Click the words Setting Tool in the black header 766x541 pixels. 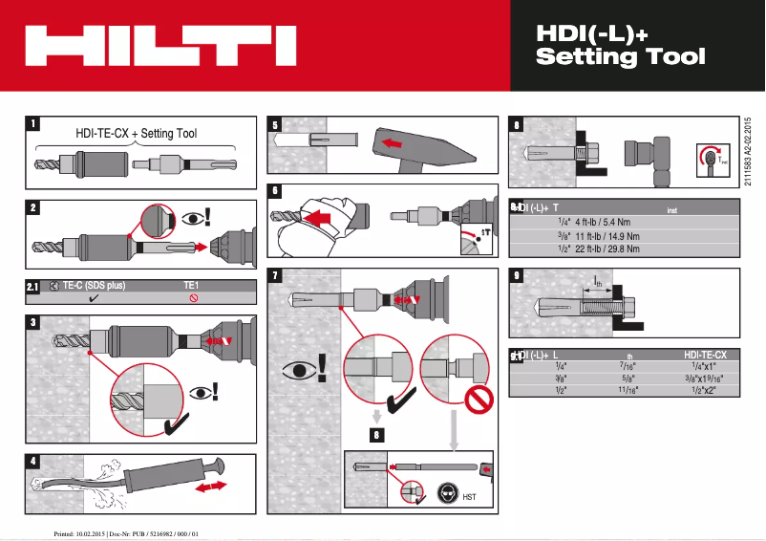[621, 56]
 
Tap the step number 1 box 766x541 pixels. [33, 123]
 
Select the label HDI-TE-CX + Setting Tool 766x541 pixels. [136, 134]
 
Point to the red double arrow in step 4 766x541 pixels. [211, 487]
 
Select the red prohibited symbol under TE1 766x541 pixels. [193, 298]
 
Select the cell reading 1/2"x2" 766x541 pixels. [704, 391]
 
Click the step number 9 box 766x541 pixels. [517, 276]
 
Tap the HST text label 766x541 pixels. [469, 497]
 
